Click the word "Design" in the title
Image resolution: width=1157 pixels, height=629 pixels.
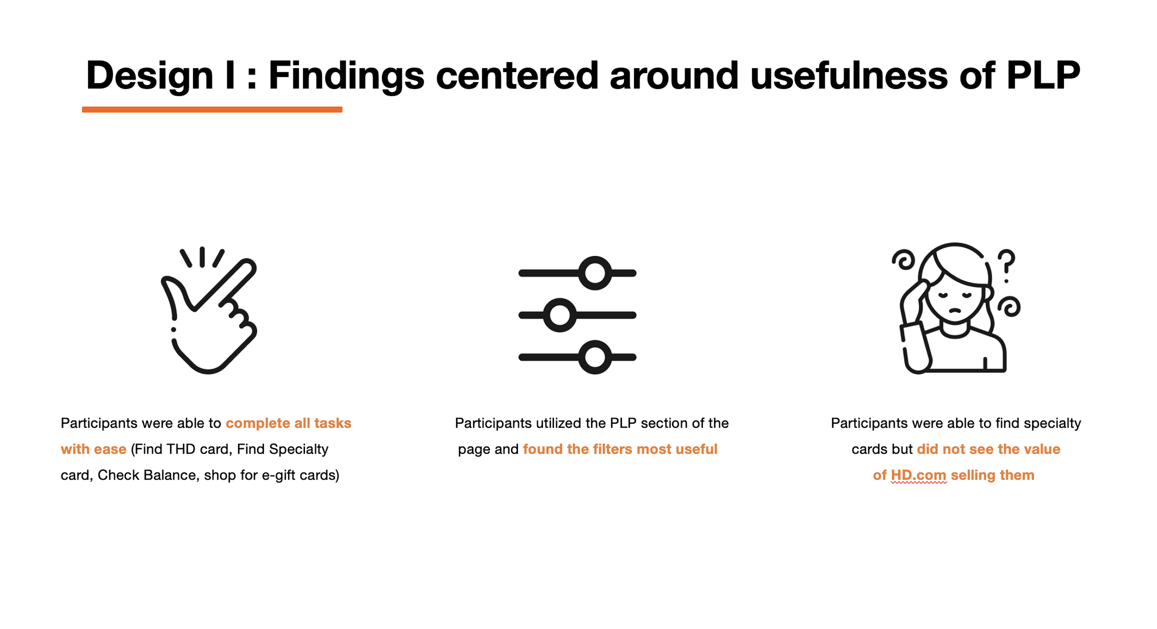149,75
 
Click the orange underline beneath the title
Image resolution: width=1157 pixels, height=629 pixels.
212,110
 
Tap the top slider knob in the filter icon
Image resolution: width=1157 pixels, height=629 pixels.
595,273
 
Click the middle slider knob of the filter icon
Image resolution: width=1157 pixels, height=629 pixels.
560,315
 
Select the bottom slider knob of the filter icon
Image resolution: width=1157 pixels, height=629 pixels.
595,357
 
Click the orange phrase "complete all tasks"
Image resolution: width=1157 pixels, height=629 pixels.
288,423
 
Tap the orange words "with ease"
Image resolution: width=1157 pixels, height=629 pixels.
93,449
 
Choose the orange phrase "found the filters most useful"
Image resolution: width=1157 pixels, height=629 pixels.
620,449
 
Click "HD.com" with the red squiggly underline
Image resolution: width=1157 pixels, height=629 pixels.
918,475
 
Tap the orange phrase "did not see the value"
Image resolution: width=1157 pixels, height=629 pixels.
988,449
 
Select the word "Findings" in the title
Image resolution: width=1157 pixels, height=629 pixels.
346,75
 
